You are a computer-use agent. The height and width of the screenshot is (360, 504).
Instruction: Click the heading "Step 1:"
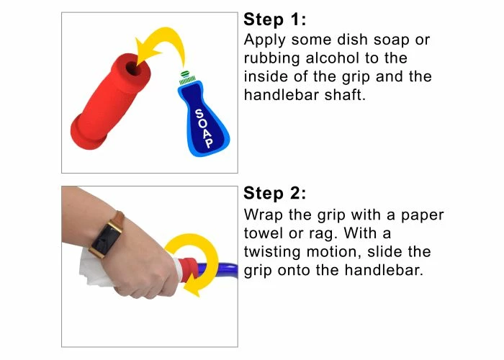click(275, 19)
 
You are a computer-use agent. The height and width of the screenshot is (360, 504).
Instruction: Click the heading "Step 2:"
click(275, 194)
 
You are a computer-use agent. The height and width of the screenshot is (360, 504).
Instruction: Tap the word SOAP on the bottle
click(204, 129)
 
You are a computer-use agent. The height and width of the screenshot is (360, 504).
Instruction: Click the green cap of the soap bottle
click(184, 74)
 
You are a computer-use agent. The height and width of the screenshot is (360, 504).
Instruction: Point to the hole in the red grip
click(133, 68)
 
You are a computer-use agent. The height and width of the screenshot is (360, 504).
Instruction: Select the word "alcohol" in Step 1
click(332, 58)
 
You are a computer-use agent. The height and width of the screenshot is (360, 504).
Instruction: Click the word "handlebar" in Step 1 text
click(281, 95)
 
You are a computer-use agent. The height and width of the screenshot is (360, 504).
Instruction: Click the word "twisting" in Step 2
click(271, 252)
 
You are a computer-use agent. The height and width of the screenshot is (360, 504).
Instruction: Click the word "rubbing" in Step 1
click(271, 59)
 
